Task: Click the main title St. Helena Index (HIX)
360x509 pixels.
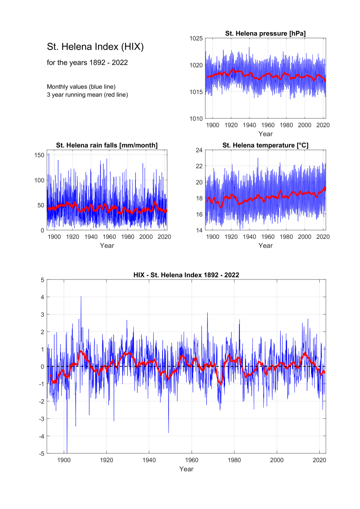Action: click(95, 47)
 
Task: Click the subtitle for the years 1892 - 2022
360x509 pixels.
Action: click(87, 62)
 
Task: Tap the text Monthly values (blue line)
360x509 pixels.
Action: click(81, 87)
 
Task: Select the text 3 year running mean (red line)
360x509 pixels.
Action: click(87, 95)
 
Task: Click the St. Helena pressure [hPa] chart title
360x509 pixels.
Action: click(265, 34)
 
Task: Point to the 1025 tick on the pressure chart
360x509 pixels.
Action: click(196, 39)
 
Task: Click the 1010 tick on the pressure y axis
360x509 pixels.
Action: click(196, 119)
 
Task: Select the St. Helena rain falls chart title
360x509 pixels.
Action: click(107, 145)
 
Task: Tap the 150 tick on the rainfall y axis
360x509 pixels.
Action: click(39, 155)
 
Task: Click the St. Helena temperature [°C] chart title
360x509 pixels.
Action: click(265, 145)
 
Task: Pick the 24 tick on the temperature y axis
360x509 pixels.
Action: click(199, 150)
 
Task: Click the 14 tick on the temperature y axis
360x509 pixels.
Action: click(199, 230)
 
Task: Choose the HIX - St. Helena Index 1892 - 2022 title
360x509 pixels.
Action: click(186, 275)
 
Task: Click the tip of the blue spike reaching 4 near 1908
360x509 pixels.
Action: click(81, 296)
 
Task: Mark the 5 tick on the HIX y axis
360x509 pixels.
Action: click(42, 280)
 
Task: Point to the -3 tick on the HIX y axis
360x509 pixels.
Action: click(41, 419)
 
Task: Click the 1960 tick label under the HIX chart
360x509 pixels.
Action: click(191, 460)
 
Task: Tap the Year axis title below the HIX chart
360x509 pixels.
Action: click(186, 469)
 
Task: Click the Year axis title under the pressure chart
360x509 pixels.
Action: click(265, 134)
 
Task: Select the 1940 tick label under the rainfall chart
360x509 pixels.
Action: click(91, 237)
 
